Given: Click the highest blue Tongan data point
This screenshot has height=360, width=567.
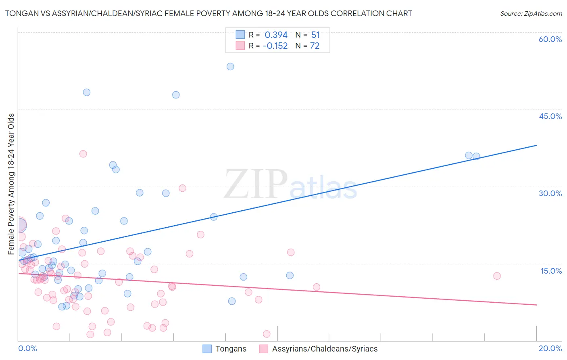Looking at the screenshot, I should pyautogui.click(x=230, y=67).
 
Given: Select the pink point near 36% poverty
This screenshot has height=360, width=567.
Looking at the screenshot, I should pyautogui.click(x=83, y=154).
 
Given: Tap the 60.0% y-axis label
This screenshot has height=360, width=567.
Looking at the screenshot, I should pyautogui.click(x=550, y=39).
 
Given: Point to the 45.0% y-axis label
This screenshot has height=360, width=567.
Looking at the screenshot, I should pyautogui.click(x=550, y=116).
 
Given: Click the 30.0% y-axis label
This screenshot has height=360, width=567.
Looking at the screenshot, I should pyautogui.click(x=550, y=193).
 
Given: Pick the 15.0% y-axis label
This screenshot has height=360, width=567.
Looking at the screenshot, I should pyautogui.click(x=551, y=271).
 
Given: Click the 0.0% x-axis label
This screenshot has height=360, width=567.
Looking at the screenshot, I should pyautogui.click(x=27, y=348).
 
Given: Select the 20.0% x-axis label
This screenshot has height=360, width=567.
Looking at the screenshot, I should pyautogui.click(x=550, y=348).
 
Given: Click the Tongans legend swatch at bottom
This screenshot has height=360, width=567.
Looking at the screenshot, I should pyautogui.click(x=207, y=349).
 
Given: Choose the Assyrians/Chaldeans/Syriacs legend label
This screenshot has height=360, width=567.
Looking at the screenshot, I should pyautogui.click(x=325, y=349).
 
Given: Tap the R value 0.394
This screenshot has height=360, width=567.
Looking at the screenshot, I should pyautogui.click(x=276, y=35).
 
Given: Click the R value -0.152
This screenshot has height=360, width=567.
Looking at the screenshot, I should pyautogui.click(x=275, y=46).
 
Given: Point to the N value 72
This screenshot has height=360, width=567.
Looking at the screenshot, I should pyautogui.click(x=315, y=46).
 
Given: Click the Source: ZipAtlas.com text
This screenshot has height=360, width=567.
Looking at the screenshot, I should pyautogui.click(x=531, y=13).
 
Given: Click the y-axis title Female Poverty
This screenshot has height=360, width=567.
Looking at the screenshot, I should pyautogui.click(x=11, y=184).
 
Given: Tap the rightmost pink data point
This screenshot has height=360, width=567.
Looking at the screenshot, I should pyautogui.click(x=497, y=276).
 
